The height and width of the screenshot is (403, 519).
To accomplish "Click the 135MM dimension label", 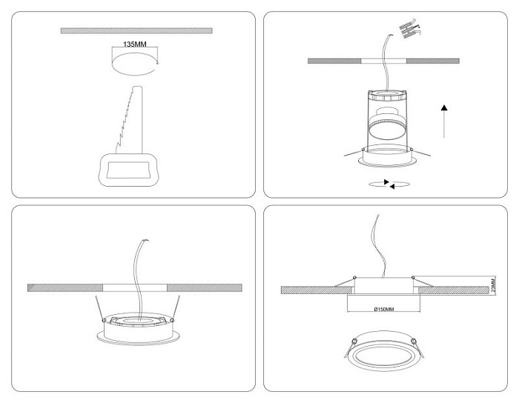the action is (x=135, y=44).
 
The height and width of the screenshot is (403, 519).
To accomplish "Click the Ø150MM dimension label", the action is (x=384, y=309).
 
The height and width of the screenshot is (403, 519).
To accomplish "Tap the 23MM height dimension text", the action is (x=493, y=286).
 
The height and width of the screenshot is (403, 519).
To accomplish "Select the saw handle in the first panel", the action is (x=129, y=170).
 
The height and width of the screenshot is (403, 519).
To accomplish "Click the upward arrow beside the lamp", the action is (x=444, y=121).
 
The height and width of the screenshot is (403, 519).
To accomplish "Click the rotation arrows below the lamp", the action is (x=389, y=184).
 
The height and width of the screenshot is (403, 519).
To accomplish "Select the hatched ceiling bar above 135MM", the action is (x=136, y=31).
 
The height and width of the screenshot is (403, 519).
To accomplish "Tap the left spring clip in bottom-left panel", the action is (x=99, y=308).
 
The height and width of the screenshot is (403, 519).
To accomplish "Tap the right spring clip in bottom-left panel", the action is (x=176, y=308).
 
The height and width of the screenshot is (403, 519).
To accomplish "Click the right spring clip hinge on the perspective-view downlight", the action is (x=413, y=341).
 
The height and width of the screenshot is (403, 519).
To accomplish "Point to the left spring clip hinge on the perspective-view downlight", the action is (x=354, y=341).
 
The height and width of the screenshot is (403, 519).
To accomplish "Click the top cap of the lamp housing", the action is (x=387, y=95).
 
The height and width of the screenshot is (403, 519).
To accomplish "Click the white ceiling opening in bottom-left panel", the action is (x=135, y=287).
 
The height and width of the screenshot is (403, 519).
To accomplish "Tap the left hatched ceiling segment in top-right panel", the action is (x=334, y=61).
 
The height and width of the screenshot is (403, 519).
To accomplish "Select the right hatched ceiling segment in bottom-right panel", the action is (x=454, y=290).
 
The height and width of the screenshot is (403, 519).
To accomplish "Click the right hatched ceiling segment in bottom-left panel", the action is (x=204, y=287).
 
